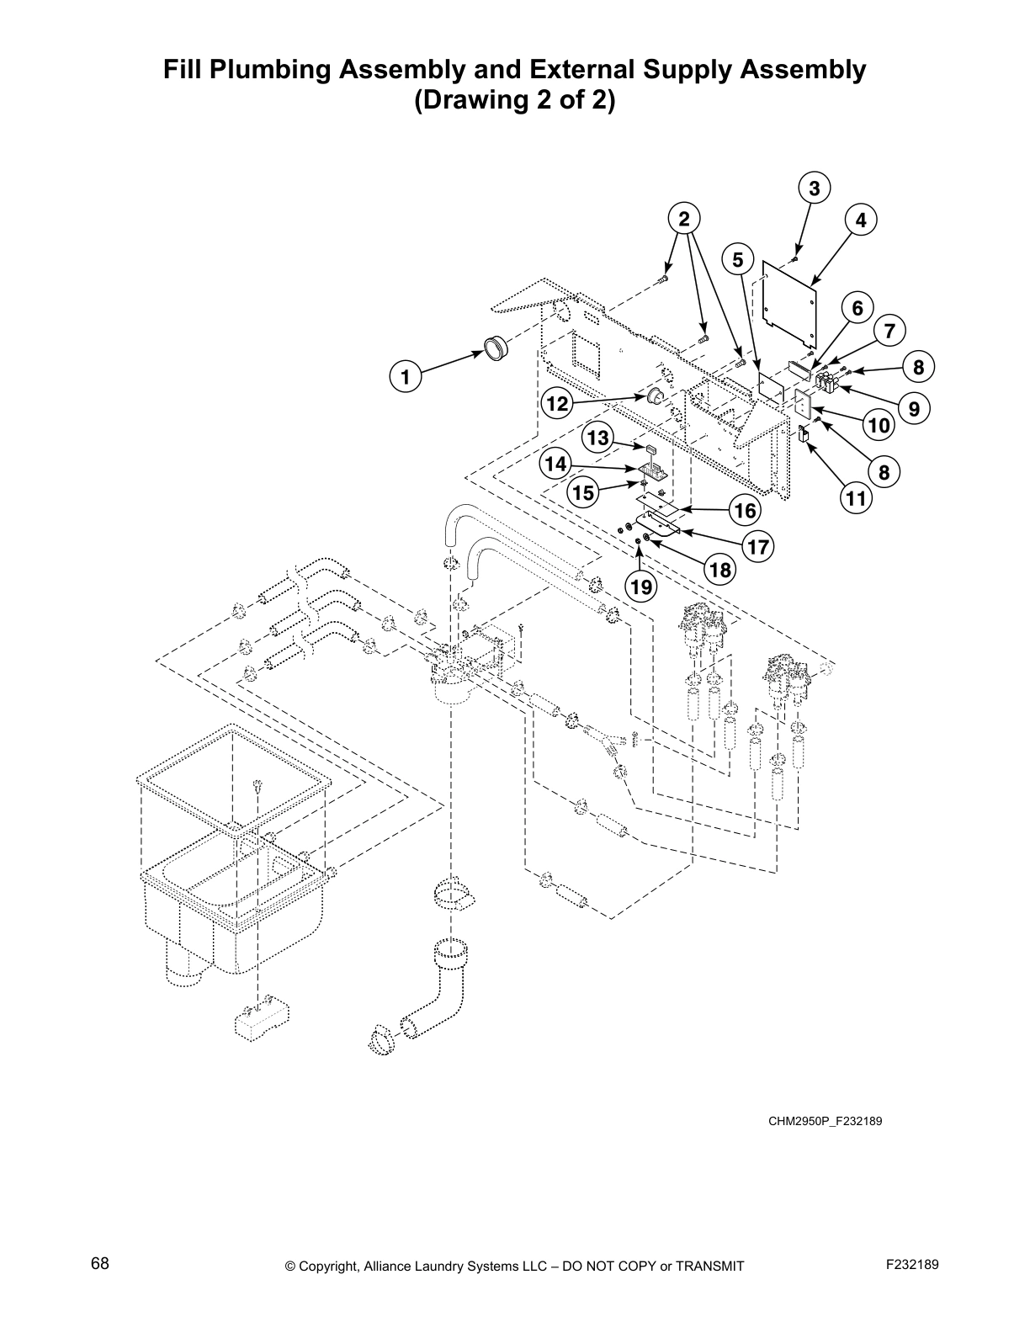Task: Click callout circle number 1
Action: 405,377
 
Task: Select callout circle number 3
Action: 814,189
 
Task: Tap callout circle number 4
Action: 860,221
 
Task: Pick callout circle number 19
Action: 641,587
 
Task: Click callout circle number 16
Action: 745,510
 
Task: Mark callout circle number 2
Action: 684,220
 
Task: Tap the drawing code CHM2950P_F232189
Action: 824,1121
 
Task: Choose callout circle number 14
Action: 556,465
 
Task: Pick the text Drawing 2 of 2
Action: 514,101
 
